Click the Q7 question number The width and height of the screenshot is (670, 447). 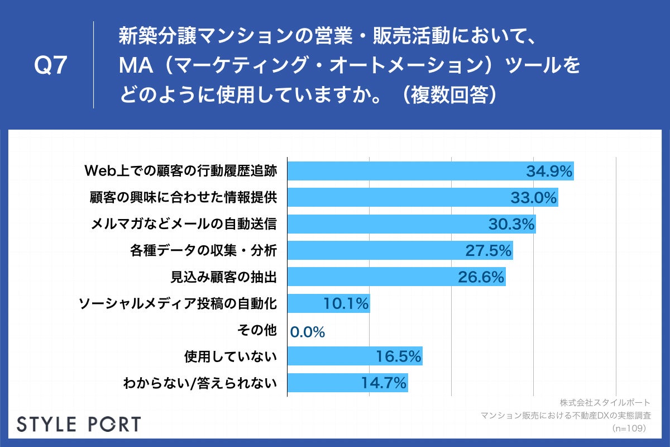tap(51, 66)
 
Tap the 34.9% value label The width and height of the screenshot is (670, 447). tap(549, 172)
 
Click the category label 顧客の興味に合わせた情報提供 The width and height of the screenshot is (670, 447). tap(183, 197)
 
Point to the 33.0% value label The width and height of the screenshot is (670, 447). tap(534, 198)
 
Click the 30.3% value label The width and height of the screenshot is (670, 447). tap(511, 224)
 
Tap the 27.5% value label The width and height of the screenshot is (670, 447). tap(489, 251)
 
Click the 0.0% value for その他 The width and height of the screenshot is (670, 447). tap(308, 332)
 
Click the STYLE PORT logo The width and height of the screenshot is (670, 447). tap(79, 424)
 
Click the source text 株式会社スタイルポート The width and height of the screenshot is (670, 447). tap(604, 402)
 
